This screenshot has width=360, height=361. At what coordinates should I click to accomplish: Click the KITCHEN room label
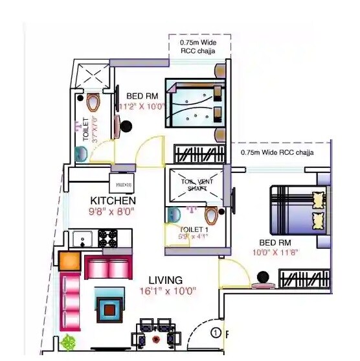click(x=113, y=200)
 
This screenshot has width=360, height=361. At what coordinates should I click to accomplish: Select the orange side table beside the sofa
click(x=69, y=261)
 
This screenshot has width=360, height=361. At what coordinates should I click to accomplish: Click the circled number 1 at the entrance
click(x=216, y=333)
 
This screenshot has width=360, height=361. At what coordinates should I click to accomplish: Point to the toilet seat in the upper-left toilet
click(x=93, y=102)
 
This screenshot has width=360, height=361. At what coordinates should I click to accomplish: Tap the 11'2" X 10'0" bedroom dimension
click(x=142, y=106)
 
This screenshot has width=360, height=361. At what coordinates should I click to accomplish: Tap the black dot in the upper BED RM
click(x=127, y=126)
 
